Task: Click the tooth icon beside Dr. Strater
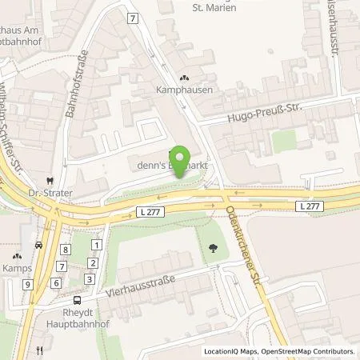pos(50,181)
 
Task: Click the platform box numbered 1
pos(97,245)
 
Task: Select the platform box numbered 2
pos(93,262)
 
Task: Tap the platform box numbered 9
pos(27,284)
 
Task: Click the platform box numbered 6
pos(55,282)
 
